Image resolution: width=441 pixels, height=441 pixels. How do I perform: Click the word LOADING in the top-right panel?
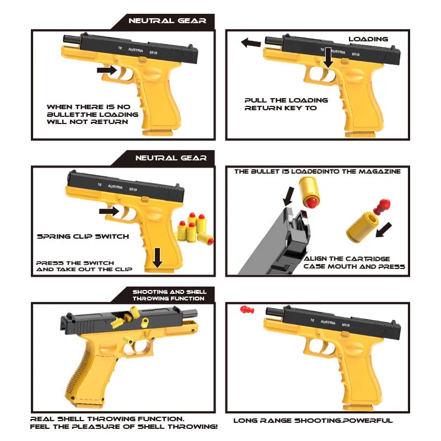(x=368, y=39)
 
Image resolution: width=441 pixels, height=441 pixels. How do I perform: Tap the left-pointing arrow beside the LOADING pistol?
(x=251, y=42)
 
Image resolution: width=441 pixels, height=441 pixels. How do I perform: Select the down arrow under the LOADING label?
(x=329, y=57)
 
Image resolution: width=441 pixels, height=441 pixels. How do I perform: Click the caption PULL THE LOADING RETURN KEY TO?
(x=286, y=104)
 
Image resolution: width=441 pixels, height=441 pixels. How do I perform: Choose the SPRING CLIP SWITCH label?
(x=83, y=236)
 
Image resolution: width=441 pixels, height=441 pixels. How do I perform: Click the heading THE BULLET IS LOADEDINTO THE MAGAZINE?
(x=317, y=171)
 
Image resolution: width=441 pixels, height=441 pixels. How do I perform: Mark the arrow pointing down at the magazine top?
(x=288, y=195)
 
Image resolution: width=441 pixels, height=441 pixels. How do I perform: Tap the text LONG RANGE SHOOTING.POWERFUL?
(x=313, y=421)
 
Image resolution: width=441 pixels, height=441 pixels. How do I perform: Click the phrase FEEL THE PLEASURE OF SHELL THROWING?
(x=124, y=427)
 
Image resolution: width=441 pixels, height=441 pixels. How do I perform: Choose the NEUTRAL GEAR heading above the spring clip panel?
(x=171, y=158)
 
